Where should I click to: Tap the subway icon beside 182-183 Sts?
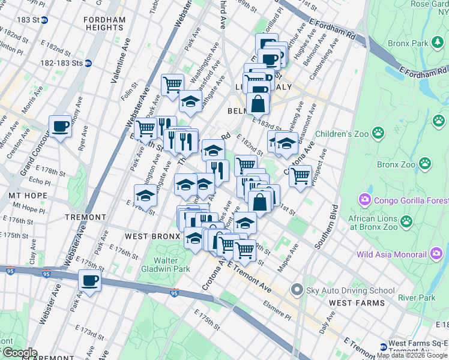(88, 63)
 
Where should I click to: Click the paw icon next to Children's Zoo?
(378, 132)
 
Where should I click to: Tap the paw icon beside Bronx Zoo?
(424, 163)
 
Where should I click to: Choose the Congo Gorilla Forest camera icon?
(364, 199)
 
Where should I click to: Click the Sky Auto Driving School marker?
(295, 290)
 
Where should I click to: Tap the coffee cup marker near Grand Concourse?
(61, 126)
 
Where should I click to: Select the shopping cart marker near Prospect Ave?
(300, 176)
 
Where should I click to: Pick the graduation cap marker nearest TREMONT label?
(145, 195)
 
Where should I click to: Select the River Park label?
(417, 298)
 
